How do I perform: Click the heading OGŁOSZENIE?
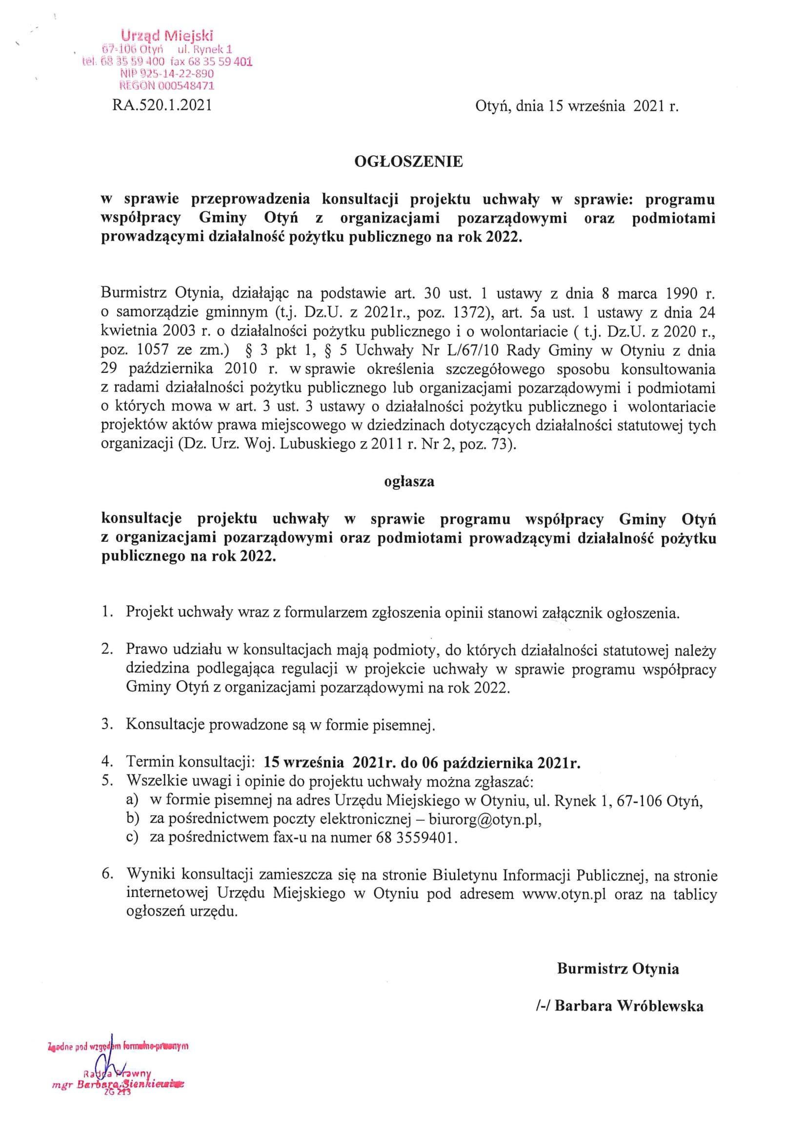[x=408, y=162]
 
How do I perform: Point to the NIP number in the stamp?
[x=167, y=74]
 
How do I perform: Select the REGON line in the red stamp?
[x=167, y=85]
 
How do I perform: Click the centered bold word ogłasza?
[x=409, y=482]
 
